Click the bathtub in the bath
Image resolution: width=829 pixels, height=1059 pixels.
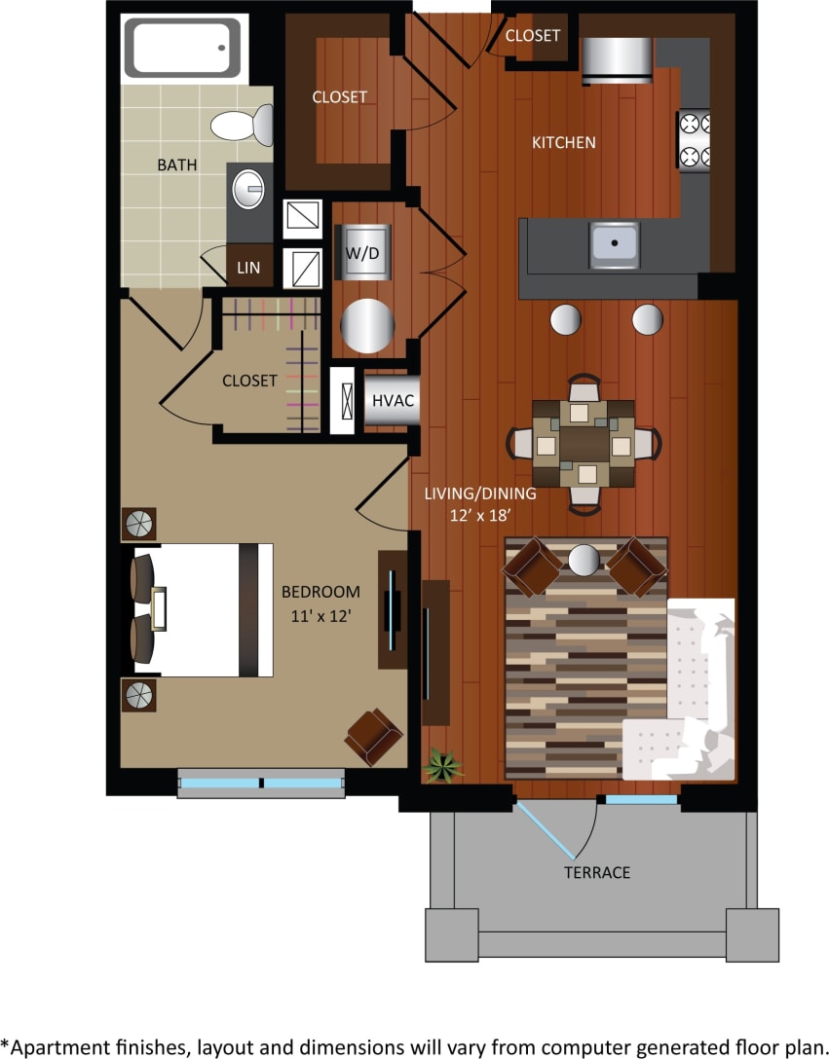pyautogui.click(x=182, y=48)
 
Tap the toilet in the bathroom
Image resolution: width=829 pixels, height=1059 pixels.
pyautogui.click(x=244, y=125)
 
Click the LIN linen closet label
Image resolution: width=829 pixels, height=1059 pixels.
pyautogui.click(x=248, y=267)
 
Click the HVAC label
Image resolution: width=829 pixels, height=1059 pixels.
pyautogui.click(x=393, y=400)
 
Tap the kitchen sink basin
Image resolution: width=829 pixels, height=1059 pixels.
pyautogui.click(x=614, y=242)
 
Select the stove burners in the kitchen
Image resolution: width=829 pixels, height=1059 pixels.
pyautogui.click(x=695, y=139)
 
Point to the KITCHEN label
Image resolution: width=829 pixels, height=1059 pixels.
pyautogui.click(x=563, y=142)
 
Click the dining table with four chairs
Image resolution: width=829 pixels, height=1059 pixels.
pyautogui.click(x=584, y=443)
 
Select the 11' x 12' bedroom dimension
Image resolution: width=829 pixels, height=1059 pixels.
pyautogui.click(x=320, y=615)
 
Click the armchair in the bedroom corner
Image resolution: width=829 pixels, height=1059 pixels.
pyautogui.click(x=372, y=735)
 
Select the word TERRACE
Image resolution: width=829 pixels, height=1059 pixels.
pyautogui.click(x=596, y=872)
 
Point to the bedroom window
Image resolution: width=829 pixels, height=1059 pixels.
pyautogui.click(x=261, y=783)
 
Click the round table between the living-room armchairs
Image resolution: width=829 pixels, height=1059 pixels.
pyautogui.click(x=584, y=560)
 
